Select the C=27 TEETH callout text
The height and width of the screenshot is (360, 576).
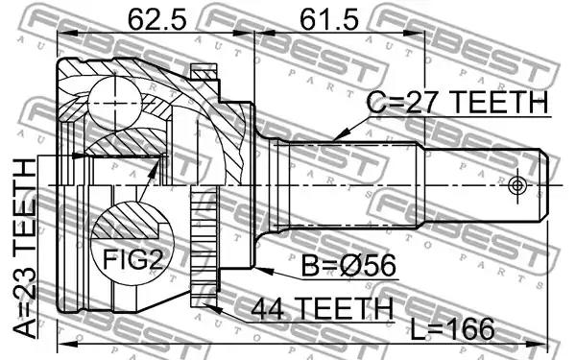click(458, 103)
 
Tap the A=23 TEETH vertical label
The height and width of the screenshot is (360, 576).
click(25, 249)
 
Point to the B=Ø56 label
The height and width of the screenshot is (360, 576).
click(348, 265)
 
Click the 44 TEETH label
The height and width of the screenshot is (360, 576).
click(323, 308)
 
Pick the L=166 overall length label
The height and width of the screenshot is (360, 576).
click(452, 328)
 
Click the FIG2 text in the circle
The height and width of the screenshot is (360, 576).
click(132, 259)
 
